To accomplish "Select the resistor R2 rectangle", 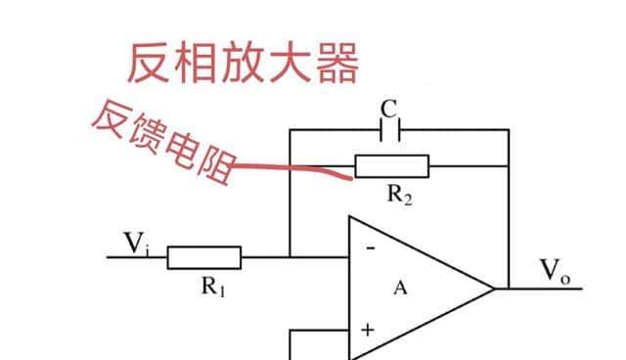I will [x=391, y=166].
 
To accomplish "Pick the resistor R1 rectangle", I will [x=203, y=257].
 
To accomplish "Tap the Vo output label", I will [x=555, y=271].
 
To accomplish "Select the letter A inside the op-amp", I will [x=399, y=289].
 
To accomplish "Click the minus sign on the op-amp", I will [x=370, y=248].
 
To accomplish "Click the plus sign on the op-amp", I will [x=367, y=330].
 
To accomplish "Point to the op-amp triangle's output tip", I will [x=495, y=288].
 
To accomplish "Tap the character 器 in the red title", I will [x=335, y=61].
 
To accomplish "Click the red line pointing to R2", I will [x=293, y=168].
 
